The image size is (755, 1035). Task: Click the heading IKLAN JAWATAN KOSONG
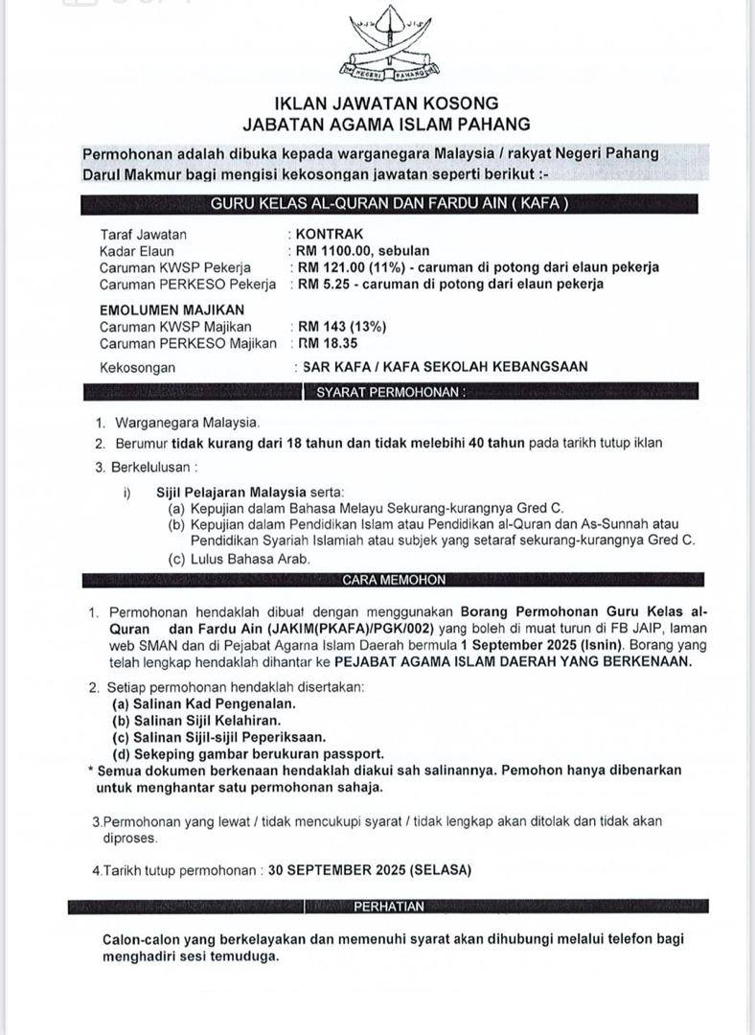[x=386, y=103]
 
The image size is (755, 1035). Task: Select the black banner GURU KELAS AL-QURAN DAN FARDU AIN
[x=389, y=203]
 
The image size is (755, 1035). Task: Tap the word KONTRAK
[x=331, y=234]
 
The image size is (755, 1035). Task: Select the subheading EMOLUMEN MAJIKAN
[x=172, y=310]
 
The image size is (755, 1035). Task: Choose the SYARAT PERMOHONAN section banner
[x=384, y=392]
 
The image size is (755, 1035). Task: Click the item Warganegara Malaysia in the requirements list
[x=187, y=422]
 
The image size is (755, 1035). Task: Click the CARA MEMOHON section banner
[x=394, y=580]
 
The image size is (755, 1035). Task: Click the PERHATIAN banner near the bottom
[x=389, y=906]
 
